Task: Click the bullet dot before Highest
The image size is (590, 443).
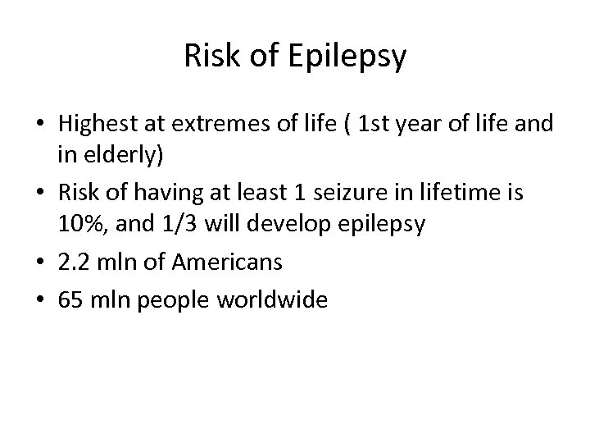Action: tap(42, 126)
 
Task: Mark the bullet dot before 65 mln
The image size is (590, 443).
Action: tap(42, 301)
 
